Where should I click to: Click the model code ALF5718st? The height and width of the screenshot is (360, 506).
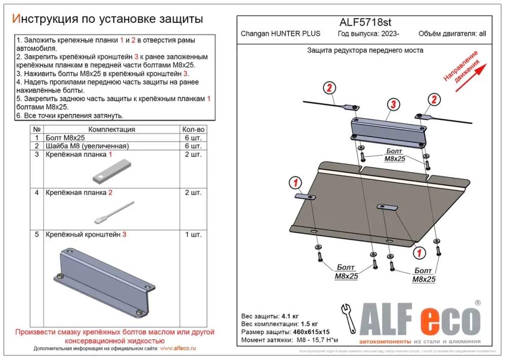click(x=364, y=22)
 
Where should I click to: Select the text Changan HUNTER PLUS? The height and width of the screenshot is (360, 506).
click(x=280, y=34)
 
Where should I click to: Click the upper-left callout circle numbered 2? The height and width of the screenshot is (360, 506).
click(x=328, y=88)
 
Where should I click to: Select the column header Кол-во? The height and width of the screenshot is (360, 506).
click(x=193, y=129)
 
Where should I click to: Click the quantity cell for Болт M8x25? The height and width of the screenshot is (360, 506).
click(x=193, y=138)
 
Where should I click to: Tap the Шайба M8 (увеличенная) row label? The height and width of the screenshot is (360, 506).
click(x=87, y=146)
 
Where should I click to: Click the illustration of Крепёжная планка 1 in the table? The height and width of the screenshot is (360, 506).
click(x=111, y=171)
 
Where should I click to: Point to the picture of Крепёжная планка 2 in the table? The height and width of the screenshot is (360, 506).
click(x=114, y=212)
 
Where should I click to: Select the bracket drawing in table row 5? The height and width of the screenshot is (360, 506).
click(x=101, y=283)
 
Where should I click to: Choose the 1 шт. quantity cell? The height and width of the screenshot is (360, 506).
click(x=193, y=235)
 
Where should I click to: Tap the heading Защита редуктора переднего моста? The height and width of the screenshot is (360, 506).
click(x=365, y=50)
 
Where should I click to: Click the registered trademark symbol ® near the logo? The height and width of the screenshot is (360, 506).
click(x=477, y=302)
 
